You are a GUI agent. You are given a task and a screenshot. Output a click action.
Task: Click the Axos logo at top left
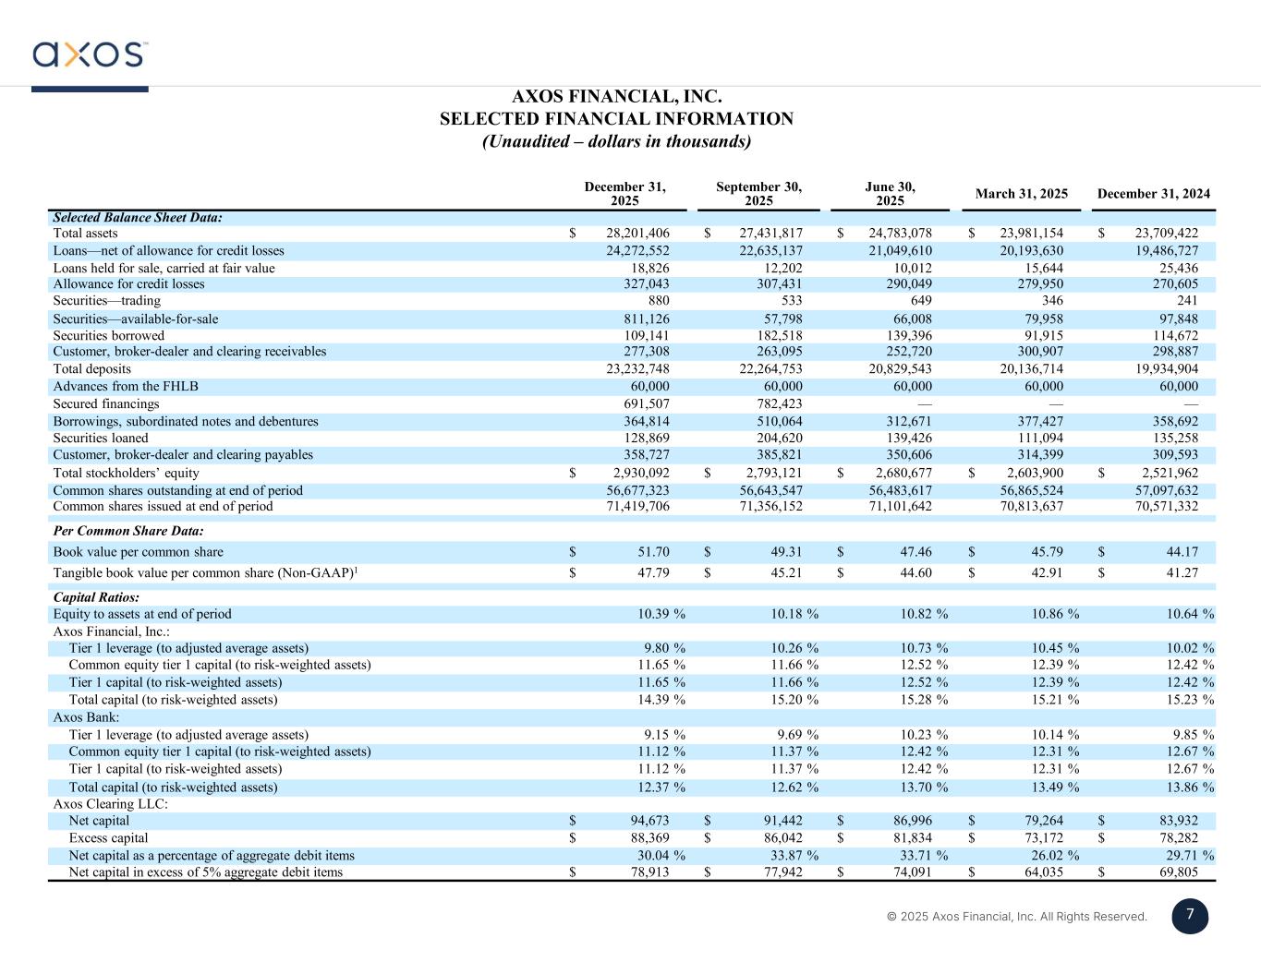pyautogui.click(x=90, y=54)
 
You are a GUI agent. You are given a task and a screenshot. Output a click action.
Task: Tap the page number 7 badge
pyautogui.click(x=1190, y=916)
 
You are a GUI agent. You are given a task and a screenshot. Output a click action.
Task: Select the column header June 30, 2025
pyautogui.click(x=890, y=194)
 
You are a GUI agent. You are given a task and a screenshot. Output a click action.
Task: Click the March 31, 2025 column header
pyautogui.click(x=1021, y=194)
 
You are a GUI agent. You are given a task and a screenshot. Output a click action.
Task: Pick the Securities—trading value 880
pyautogui.click(x=659, y=301)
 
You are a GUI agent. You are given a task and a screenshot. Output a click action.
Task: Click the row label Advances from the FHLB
pyautogui.click(x=126, y=387)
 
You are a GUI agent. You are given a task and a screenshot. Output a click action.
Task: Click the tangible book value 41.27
pyautogui.click(x=1180, y=573)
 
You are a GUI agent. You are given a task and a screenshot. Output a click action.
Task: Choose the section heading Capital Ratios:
pyautogui.click(x=96, y=597)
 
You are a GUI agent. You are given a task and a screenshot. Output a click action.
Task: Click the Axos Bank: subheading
pyautogui.click(x=86, y=717)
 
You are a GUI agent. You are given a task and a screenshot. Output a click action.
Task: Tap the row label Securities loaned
pyautogui.click(x=101, y=439)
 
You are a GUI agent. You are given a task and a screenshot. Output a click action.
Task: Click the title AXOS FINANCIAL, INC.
pyautogui.click(x=616, y=97)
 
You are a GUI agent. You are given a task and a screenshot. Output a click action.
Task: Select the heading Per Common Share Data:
pyautogui.click(x=128, y=532)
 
